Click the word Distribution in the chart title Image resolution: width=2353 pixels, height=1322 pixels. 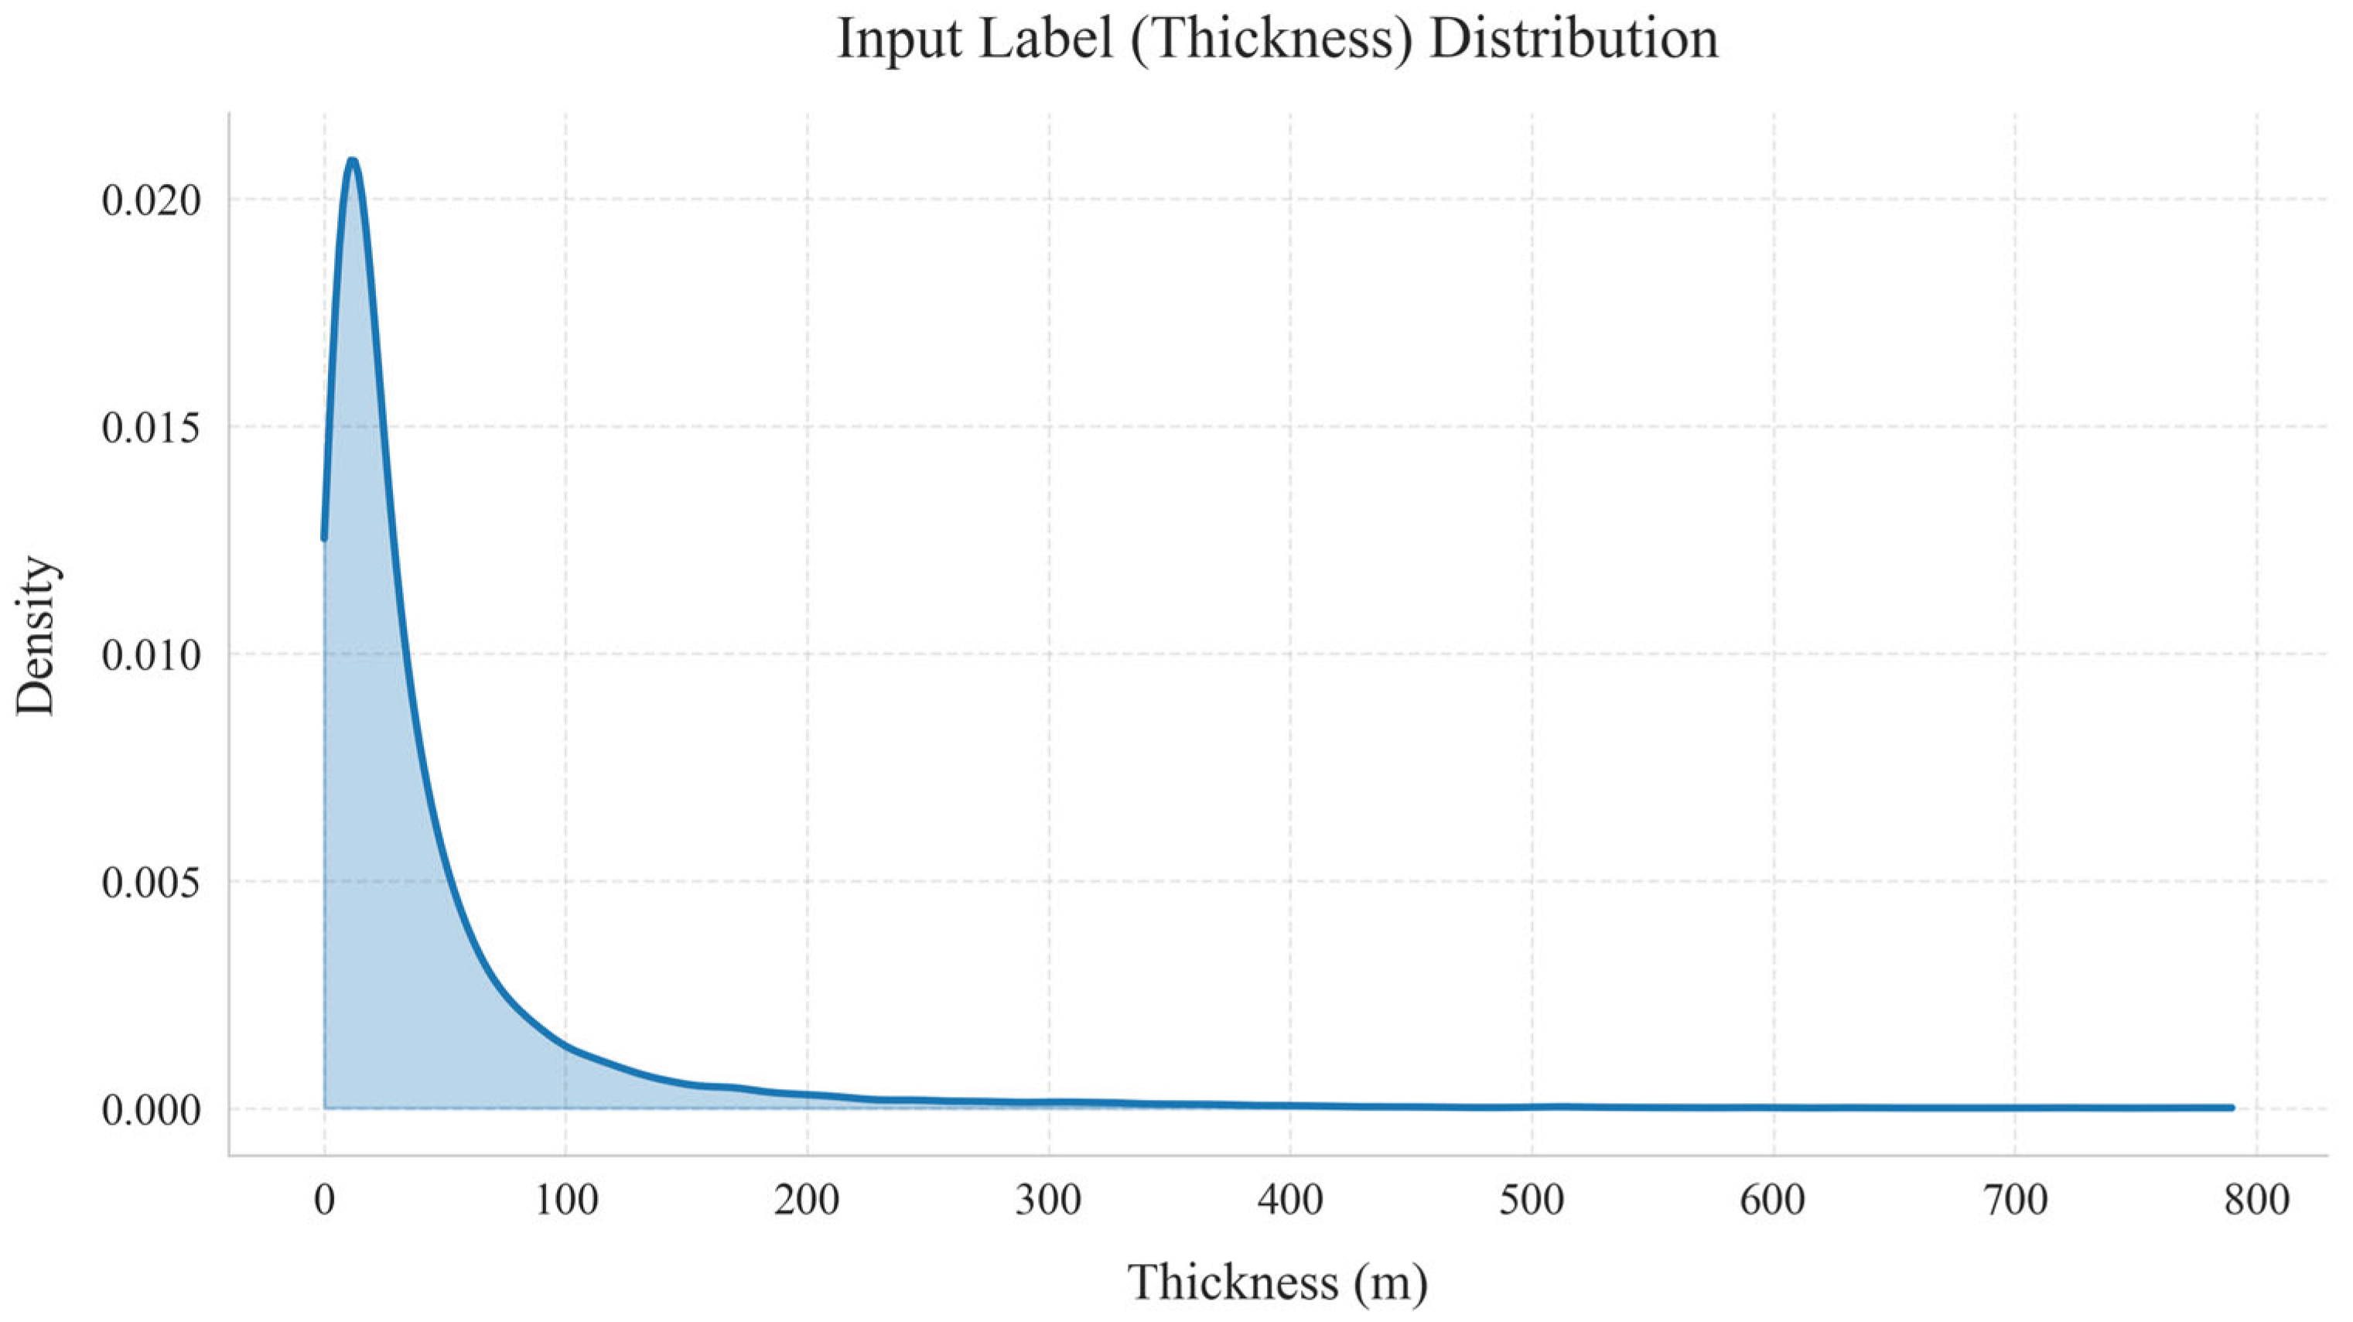[1573, 40]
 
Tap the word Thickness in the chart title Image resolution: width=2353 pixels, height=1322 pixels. [1273, 40]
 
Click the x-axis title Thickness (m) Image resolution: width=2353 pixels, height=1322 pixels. [1278, 1282]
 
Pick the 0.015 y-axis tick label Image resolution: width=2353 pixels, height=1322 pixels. [151, 428]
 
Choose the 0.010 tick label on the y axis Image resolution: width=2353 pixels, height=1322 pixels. [151, 655]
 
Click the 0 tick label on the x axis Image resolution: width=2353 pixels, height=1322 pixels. [324, 1200]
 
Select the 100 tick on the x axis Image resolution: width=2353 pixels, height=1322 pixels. [565, 1200]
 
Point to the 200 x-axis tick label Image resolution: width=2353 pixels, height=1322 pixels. [807, 1200]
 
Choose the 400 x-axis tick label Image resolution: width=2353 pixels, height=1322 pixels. [1289, 1200]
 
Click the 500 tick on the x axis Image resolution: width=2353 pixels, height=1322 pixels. [1532, 1200]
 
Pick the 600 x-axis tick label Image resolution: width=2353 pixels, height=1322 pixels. [1773, 1200]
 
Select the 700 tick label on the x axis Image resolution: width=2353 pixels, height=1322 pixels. [2014, 1200]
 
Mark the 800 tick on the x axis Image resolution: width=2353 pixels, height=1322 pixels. [2256, 1200]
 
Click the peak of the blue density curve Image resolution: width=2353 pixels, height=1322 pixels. [352, 162]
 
